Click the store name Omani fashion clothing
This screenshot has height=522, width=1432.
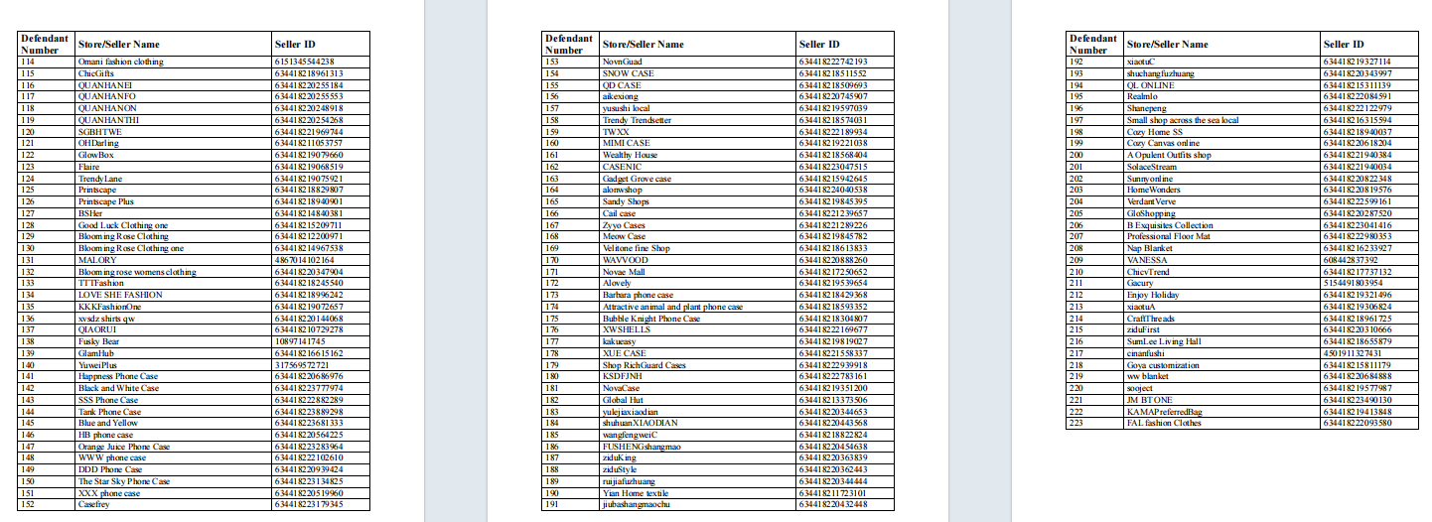[120, 62]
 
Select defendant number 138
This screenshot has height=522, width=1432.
[28, 341]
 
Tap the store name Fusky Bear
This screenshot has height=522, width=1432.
[99, 341]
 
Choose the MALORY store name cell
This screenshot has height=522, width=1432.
[97, 260]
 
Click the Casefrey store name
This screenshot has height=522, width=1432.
[95, 504]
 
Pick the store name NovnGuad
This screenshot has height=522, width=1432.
[623, 62]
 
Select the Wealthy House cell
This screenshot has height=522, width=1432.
[630, 155]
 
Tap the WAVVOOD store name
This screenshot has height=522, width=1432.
[625, 260]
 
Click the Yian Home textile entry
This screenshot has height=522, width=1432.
[636, 493]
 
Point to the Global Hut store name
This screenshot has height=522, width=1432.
[624, 400]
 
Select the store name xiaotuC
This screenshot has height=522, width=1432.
[1141, 62]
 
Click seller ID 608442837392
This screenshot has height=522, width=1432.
[1356, 260]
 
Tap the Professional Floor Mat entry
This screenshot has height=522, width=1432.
[1168, 236]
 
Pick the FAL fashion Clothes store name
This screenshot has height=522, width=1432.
[1163, 423]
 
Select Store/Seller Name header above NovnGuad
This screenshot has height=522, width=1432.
[643, 44]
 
